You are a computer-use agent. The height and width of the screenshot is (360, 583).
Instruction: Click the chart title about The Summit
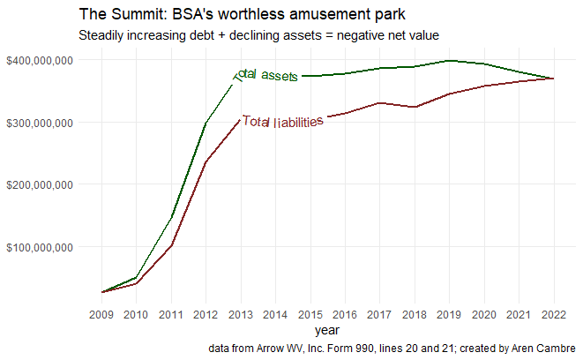[x=243, y=15]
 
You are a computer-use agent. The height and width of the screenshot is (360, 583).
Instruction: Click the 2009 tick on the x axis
[x=101, y=314]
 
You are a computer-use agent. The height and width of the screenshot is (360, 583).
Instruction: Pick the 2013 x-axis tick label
[x=241, y=314]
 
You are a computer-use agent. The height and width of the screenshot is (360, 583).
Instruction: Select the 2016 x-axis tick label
[x=345, y=314]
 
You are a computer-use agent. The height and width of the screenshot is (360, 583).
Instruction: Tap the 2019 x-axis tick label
[x=450, y=314]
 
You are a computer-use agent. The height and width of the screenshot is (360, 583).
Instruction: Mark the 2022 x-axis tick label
[x=554, y=314]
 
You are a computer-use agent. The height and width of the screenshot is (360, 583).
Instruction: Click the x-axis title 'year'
[x=327, y=330]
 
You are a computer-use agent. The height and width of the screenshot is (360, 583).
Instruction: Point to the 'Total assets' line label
[x=266, y=77]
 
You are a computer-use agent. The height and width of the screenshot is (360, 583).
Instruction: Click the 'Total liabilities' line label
[x=282, y=123]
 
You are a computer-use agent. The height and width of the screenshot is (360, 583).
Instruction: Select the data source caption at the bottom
[x=392, y=349]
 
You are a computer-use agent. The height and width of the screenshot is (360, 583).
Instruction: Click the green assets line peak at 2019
[x=450, y=61]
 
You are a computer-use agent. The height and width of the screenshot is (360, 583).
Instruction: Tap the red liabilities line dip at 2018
[x=415, y=107]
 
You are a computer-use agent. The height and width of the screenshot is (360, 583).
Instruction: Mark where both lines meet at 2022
[x=554, y=79]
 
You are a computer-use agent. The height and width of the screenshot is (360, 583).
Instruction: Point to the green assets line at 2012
[x=206, y=124]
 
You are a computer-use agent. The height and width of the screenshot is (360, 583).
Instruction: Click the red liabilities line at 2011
[x=171, y=244]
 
